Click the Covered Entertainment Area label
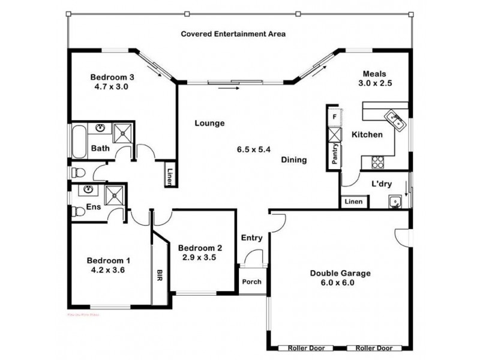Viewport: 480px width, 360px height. (x=233, y=34)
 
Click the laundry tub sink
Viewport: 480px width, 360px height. (x=395, y=201)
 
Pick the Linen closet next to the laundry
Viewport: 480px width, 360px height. (x=353, y=202)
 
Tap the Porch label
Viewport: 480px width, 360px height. (x=250, y=282)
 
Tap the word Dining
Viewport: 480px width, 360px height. (x=294, y=160)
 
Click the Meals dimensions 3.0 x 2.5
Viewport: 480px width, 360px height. (x=375, y=83)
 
